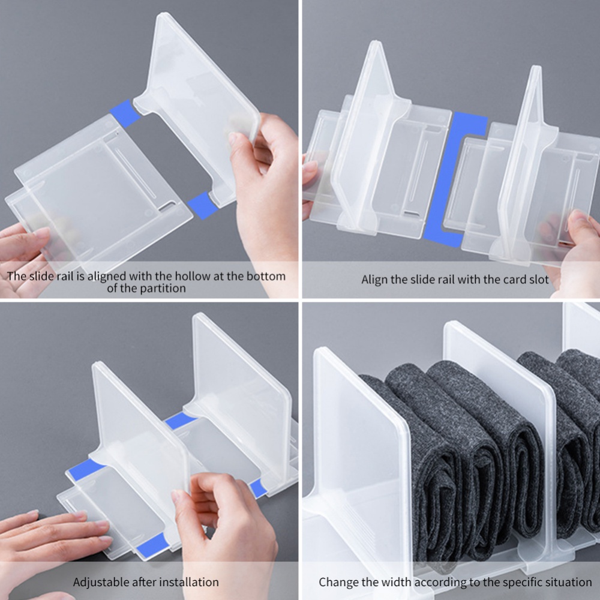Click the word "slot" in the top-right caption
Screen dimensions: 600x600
point(538,280)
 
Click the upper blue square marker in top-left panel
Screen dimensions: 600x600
point(125,113)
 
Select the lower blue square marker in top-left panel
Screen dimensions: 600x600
point(202,206)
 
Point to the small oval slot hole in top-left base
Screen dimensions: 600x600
point(167,207)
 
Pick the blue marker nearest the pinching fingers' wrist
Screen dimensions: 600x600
point(258,488)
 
